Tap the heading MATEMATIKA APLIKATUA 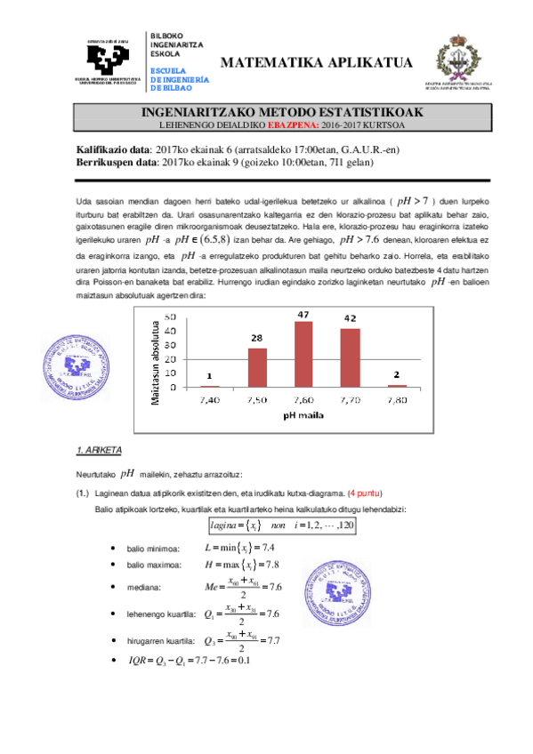coord(316,62)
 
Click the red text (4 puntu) coord(367,493)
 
